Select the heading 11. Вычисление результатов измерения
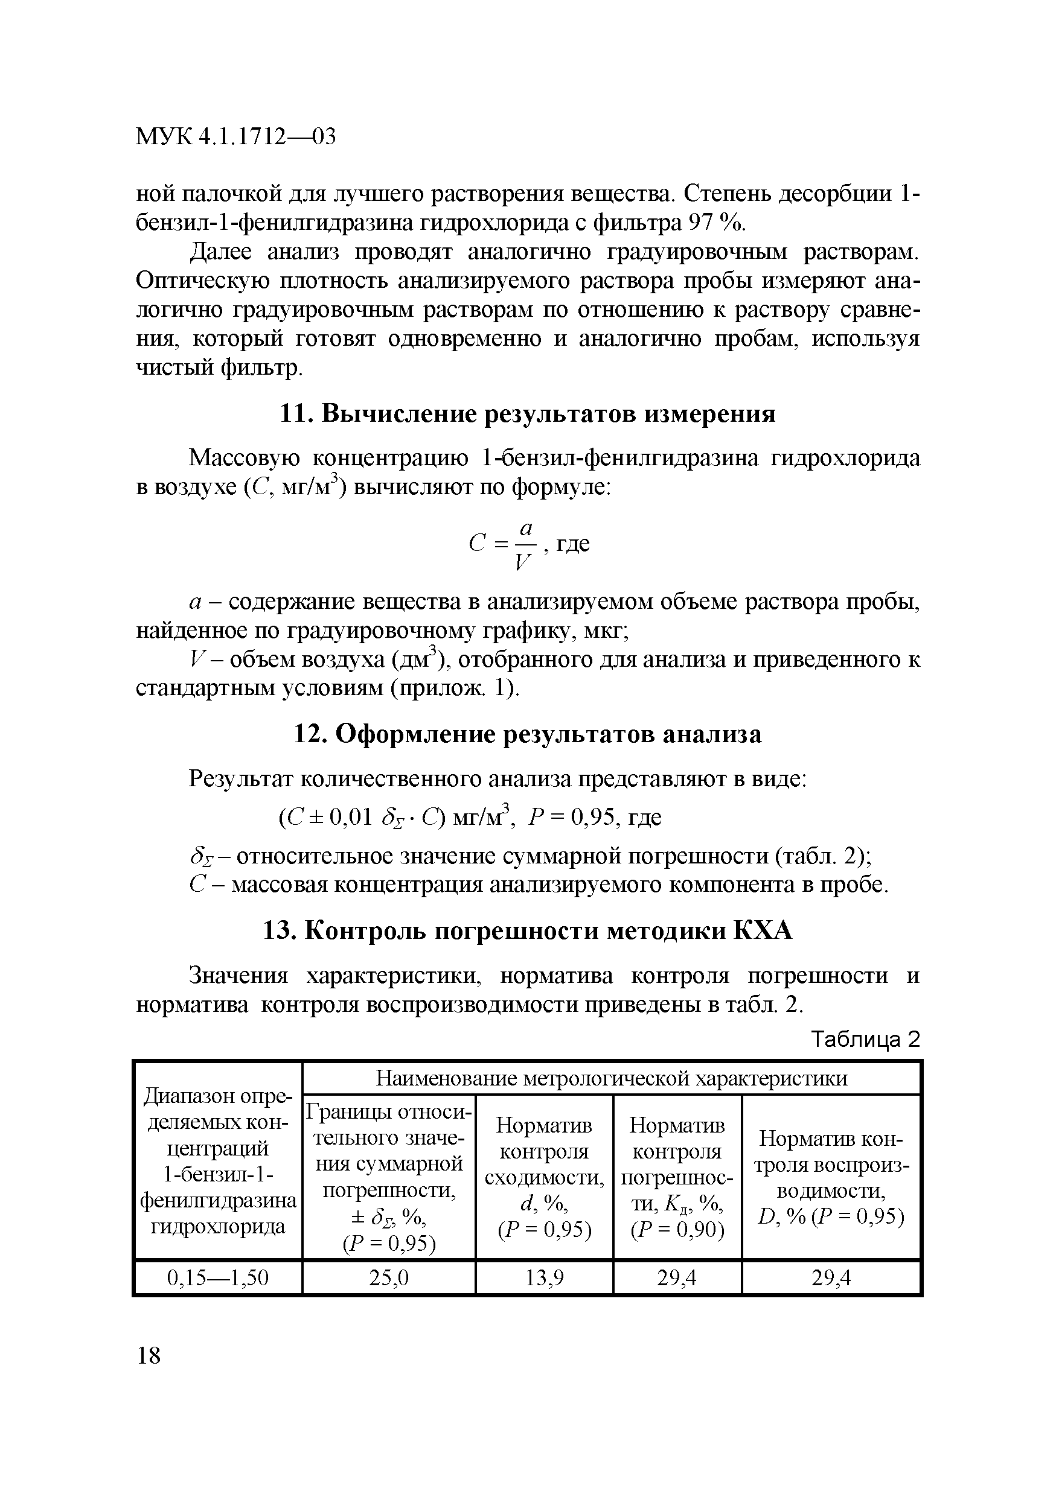coord(527,414)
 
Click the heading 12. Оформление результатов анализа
coord(527,734)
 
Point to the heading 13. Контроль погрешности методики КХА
coord(527,931)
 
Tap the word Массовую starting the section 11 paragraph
coord(244,459)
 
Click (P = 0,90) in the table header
coord(677,1230)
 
